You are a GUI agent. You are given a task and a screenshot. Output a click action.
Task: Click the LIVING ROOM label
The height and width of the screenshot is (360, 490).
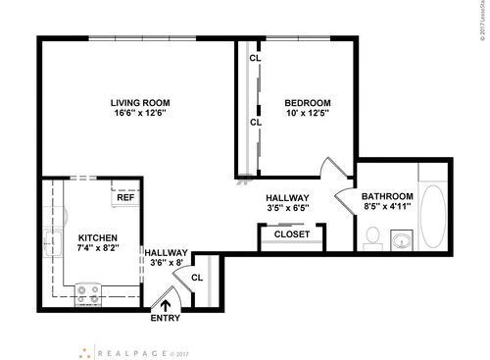click(x=138, y=102)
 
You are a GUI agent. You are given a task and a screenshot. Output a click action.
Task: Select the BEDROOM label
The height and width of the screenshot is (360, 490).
click(x=307, y=102)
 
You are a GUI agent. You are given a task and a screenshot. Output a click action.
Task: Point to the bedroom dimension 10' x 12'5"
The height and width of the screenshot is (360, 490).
click(x=307, y=114)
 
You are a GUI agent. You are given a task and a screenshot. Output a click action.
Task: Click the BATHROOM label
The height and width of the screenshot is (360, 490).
click(x=387, y=196)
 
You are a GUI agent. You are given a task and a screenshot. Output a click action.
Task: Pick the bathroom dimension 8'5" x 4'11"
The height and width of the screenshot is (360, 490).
click(x=387, y=207)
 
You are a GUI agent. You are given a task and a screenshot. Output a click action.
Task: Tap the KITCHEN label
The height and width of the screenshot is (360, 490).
click(x=98, y=237)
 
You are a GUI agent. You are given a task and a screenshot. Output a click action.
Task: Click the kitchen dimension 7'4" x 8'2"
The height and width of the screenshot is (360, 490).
click(x=98, y=249)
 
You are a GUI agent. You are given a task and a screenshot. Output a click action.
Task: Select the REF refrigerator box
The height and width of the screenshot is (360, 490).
click(x=124, y=196)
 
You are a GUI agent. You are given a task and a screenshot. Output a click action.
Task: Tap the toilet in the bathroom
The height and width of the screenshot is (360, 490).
click(x=372, y=235)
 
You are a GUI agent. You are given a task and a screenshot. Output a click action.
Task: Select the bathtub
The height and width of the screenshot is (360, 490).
click(x=433, y=208)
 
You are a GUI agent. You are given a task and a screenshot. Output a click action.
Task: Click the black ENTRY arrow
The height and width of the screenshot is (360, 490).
click(x=165, y=304)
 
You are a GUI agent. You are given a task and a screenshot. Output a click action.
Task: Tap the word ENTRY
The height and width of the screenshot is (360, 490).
click(x=165, y=319)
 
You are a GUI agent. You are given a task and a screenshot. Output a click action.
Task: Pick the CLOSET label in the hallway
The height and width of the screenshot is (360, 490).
click(x=291, y=234)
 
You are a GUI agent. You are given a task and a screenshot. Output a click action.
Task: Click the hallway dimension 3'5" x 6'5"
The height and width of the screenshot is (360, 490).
click(x=287, y=208)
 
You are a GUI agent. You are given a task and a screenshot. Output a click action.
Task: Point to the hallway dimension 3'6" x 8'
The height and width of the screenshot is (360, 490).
click(x=165, y=262)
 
